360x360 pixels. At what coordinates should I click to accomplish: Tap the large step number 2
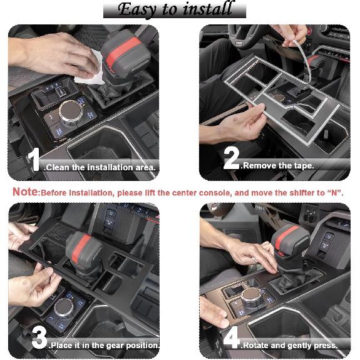coord(231,160)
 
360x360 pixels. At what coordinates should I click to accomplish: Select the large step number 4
coord(232,339)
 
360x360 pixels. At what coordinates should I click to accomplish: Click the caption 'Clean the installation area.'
coord(101,168)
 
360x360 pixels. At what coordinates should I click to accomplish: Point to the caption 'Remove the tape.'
coord(277,166)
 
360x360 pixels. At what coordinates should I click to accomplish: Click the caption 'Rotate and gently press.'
coord(289,345)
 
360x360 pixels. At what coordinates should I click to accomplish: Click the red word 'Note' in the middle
coord(26,192)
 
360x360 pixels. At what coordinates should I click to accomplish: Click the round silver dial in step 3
coord(64,307)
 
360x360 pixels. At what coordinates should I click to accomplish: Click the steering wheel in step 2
coord(250,34)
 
